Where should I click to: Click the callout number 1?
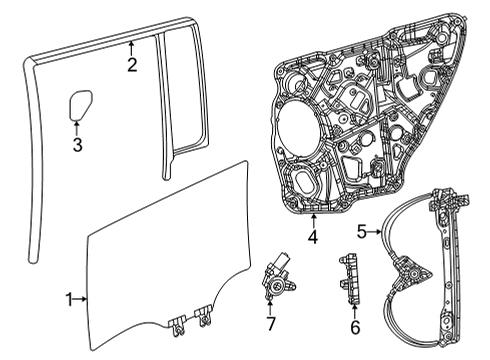coord(69,298)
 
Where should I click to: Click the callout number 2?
coord(131,66)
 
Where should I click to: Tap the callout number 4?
coord(312,237)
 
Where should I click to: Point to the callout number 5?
coord(362,231)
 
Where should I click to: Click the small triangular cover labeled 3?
coord(79,104)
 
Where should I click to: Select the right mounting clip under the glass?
coord(205,319)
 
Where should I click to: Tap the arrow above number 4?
coord(312,219)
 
